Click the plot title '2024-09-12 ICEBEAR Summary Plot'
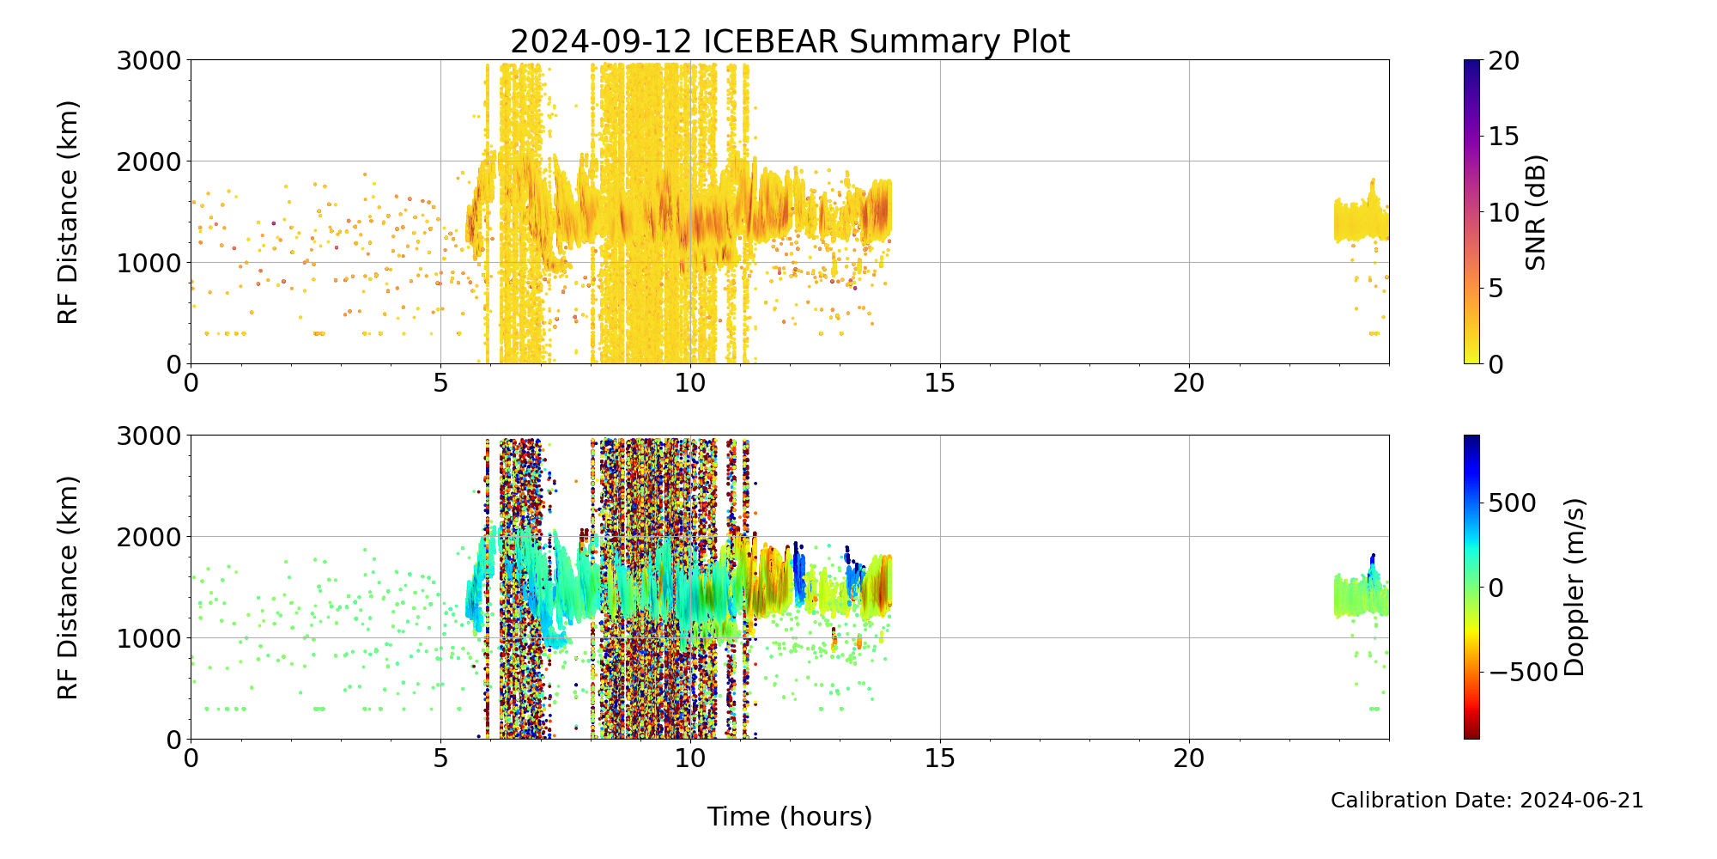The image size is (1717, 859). [790, 41]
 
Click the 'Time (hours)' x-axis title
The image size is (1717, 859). [790, 816]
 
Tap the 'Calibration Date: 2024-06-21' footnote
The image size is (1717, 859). [1487, 801]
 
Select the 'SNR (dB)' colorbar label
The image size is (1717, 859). [1536, 212]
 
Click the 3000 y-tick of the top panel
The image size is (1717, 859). [149, 60]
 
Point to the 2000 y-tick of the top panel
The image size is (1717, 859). [149, 161]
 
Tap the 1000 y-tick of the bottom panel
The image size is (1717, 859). [149, 637]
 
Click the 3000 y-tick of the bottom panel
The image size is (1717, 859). [149, 436]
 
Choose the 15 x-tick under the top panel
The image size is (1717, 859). [940, 382]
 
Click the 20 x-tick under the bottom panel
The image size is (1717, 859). [1189, 758]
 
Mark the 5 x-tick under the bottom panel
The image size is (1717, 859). [440, 758]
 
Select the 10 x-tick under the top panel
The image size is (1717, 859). [690, 382]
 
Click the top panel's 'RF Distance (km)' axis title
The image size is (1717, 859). [69, 212]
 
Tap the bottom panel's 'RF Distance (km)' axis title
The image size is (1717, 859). [69, 587]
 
